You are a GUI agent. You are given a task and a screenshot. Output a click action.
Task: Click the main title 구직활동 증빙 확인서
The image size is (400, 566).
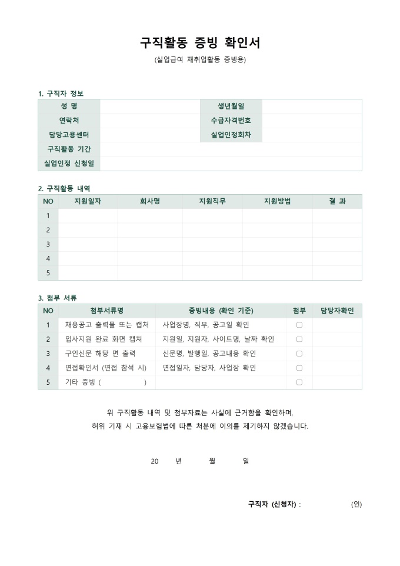click(199, 43)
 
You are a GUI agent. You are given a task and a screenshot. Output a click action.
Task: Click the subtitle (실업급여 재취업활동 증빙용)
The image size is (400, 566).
click(199, 60)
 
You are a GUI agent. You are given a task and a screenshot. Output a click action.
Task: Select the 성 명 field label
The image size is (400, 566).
click(69, 106)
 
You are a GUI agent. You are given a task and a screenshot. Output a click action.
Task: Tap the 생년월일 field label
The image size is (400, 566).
click(231, 106)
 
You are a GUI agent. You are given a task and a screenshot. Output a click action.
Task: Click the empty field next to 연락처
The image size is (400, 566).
click(149, 121)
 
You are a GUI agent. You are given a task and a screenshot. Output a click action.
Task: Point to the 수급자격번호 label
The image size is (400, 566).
click(231, 121)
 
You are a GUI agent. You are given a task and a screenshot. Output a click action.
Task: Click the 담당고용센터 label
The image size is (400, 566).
click(69, 135)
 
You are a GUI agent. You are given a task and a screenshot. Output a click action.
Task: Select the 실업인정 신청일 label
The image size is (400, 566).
click(69, 163)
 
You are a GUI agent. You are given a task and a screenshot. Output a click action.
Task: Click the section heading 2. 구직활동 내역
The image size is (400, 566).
click(64, 189)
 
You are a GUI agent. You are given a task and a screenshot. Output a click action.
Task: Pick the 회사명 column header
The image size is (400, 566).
click(149, 202)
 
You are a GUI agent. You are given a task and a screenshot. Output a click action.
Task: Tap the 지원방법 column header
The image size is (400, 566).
click(277, 202)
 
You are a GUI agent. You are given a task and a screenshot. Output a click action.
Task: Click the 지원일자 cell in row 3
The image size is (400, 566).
click(88, 244)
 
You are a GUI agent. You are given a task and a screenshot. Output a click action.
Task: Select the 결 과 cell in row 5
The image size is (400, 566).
click(337, 273)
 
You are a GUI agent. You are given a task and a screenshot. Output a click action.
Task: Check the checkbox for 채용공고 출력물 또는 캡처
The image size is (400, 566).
click(299, 325)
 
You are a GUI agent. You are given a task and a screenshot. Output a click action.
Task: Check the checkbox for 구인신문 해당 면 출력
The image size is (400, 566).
click(299, 354)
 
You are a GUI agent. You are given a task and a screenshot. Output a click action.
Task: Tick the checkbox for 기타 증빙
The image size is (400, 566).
click(299, 382)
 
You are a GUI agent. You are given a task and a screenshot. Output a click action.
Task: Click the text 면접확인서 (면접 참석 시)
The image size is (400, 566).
click(106, 368)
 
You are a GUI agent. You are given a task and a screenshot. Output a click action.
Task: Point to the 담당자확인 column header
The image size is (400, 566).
click(337, 311)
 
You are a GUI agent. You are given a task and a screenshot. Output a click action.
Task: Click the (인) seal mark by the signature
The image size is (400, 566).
click(356, 504)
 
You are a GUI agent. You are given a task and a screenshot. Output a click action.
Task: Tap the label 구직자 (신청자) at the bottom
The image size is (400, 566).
click(272, 504)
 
